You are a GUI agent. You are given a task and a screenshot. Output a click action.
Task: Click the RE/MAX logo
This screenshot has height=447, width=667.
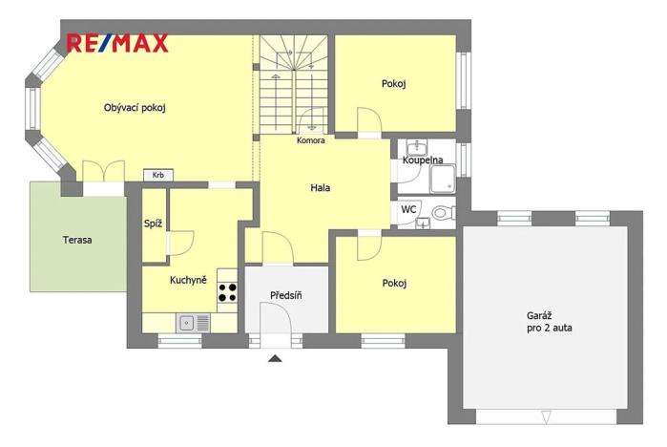117,43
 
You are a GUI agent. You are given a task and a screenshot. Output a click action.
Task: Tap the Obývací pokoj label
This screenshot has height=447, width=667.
135,108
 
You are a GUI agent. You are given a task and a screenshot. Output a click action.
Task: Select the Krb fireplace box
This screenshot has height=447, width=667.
158,175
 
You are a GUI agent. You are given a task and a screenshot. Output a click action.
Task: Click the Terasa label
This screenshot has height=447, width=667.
77,240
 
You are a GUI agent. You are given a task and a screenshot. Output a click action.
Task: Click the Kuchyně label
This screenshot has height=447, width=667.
188,280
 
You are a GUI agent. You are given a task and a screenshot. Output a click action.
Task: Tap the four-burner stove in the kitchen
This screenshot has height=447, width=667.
227,292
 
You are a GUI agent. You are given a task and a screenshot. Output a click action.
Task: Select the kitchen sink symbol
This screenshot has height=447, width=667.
187,323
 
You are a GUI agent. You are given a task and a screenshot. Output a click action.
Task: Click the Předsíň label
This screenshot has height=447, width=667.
285,295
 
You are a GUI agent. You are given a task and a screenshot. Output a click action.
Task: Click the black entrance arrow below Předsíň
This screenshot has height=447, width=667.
276,359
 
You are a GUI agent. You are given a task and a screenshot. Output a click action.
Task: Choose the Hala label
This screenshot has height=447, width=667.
321,188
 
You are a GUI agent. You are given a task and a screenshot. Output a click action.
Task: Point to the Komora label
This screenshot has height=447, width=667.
310,140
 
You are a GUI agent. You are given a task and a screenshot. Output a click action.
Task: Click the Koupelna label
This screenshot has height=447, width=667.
422,160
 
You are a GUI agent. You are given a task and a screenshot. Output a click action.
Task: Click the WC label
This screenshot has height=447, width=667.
408,208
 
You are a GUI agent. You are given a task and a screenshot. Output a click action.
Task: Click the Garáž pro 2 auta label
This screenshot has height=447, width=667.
549,321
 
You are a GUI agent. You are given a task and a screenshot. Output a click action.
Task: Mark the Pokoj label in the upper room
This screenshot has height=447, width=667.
394,84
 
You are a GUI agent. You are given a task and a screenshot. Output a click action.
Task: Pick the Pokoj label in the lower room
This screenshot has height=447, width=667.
394,283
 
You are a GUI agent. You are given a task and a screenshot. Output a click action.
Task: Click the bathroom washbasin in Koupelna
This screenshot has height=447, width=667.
417,147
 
